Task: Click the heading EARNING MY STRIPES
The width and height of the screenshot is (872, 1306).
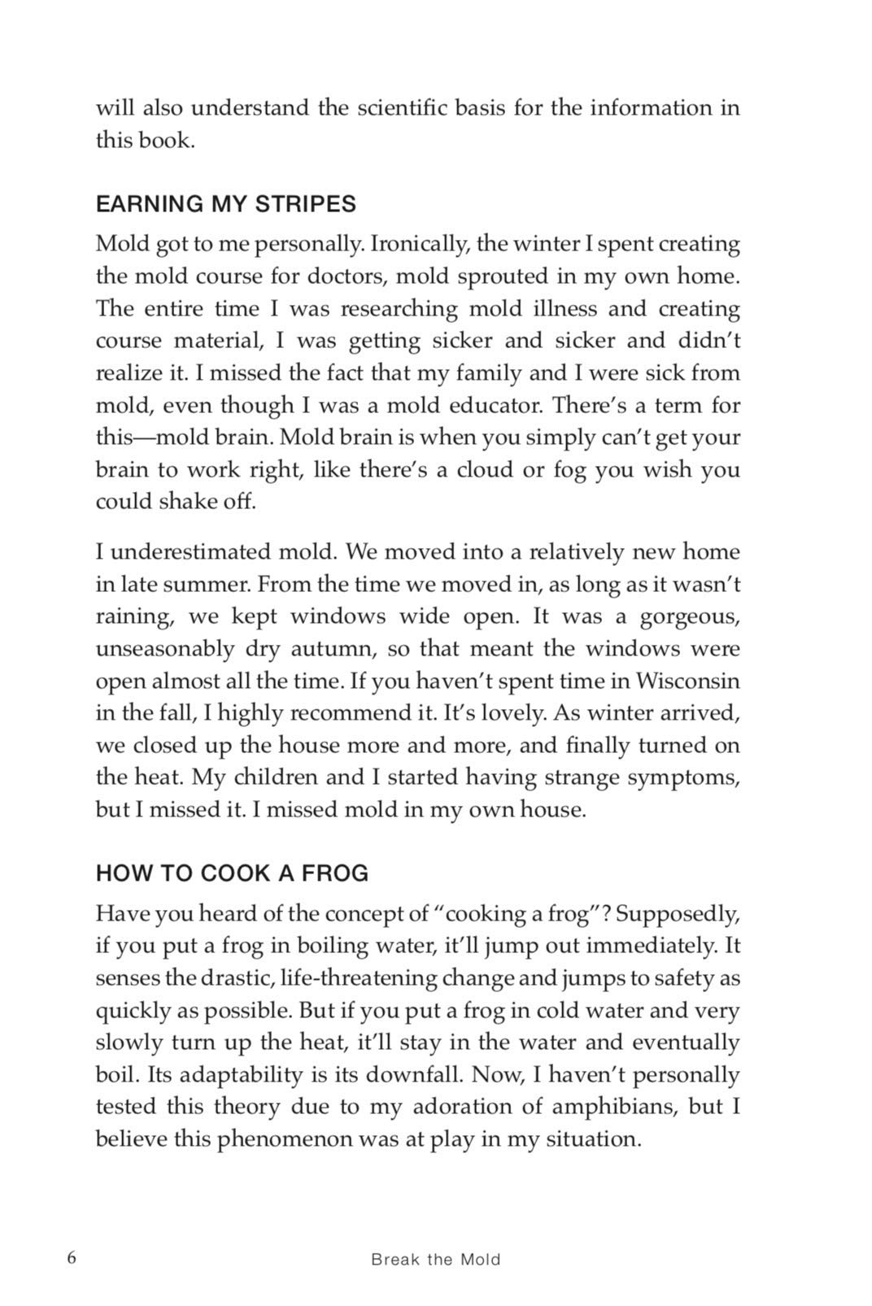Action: tap(226, 204)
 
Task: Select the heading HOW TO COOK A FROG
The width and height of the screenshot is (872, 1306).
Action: tap(232, 873)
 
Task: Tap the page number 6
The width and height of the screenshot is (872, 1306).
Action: tap(72, 1257)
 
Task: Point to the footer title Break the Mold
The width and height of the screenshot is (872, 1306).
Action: tap(435, 1260)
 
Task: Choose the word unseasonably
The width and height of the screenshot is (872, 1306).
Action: tap(164, 649)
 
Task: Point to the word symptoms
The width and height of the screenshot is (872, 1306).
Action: tap(683, 777)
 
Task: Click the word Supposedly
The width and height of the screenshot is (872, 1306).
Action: tap(678, 914)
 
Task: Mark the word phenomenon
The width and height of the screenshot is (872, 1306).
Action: tap(292, 1138)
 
